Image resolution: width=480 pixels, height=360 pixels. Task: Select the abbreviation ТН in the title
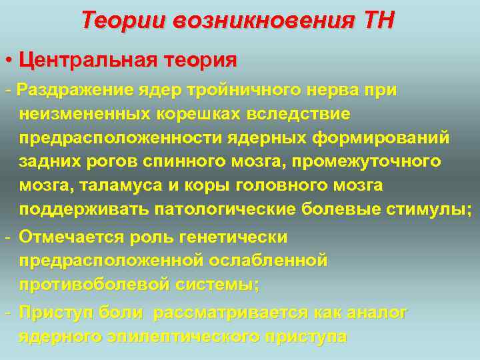tap(378, 21)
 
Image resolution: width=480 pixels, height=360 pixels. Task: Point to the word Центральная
tap(86, 60)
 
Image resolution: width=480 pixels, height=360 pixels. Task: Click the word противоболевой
tap(93, 284)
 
